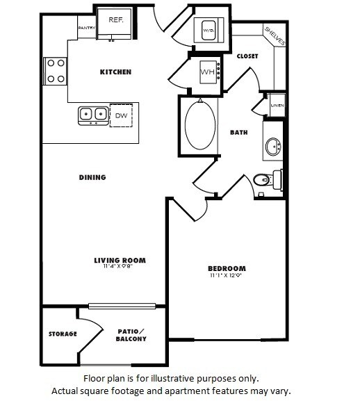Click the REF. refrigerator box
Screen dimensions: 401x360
115,21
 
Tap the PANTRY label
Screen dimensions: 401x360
86,28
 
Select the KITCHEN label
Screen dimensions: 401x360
115,72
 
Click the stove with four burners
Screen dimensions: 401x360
55,70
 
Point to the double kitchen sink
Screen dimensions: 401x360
93,113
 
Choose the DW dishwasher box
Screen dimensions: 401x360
121,114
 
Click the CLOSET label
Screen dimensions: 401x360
247,56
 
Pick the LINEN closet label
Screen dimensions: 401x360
277,106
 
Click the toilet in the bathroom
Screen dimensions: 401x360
265,181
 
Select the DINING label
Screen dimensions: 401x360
92,177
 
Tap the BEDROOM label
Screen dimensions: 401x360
227,268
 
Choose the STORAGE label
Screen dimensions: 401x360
62,334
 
